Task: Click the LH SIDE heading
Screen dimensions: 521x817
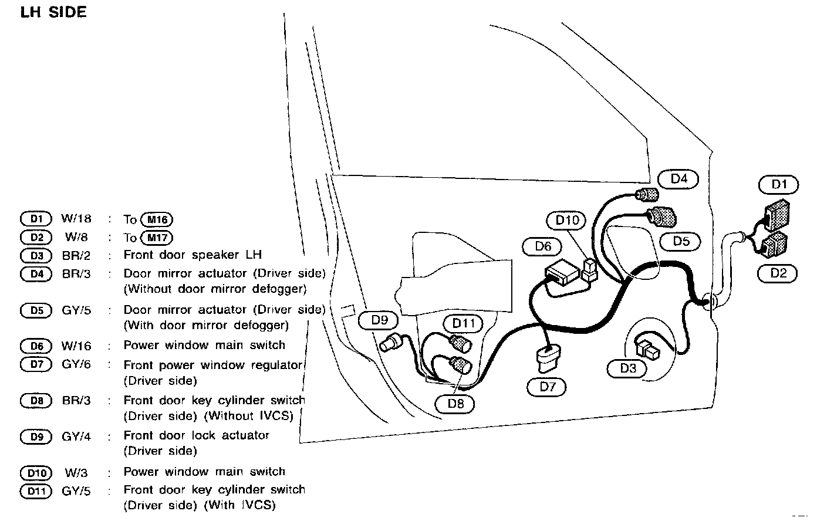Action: coord(53,12)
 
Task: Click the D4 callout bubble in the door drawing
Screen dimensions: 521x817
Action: coord(678,178)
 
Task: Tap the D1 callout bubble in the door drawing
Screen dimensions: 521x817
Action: coord(778,184)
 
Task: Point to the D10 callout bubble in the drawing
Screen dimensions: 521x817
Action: coord(567,220)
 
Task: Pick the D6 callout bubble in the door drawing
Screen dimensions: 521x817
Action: coord(543,246)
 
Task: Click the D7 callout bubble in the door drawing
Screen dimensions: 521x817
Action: coord(547,387)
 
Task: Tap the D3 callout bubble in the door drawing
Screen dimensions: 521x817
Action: coord(627,368)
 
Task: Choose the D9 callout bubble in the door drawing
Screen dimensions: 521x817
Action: coord(380,320)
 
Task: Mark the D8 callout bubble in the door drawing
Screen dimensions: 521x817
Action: coord(455,403)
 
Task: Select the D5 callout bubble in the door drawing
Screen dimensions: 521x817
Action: coord(681,241)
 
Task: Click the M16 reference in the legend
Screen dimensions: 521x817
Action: coord(157,220)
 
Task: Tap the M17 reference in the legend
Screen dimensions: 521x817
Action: coord(157,238)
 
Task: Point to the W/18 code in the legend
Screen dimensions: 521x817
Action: coord(76,219)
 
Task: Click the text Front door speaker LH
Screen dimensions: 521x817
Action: coord(193,255)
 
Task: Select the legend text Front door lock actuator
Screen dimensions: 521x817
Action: coord(196,435)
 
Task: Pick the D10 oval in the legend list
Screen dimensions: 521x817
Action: coord(36,472)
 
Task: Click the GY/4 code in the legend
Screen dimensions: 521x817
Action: coord(76,437)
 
